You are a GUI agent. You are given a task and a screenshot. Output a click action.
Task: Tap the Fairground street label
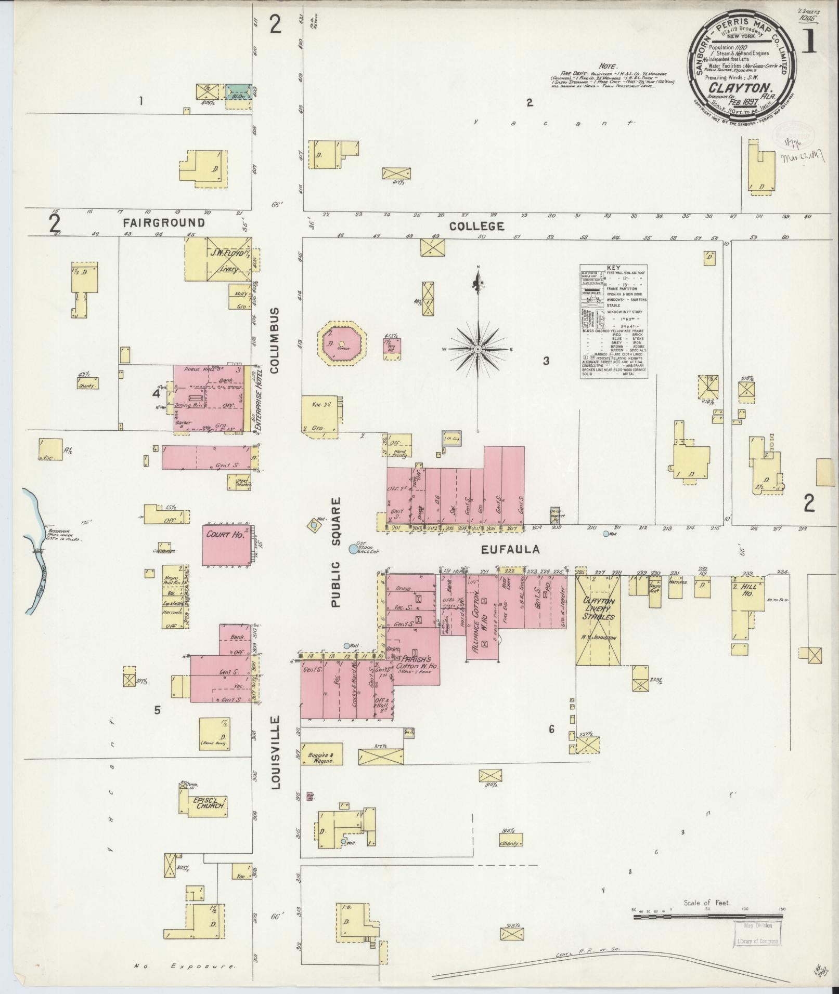tap(164, 223)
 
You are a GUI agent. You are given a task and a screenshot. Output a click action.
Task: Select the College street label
tap(477, 227)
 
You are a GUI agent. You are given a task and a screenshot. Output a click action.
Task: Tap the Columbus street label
tap(275, 340)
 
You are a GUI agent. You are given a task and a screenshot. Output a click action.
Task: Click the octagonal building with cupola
tap(342, 343)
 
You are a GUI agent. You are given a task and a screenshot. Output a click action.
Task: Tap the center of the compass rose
tap(477, 349)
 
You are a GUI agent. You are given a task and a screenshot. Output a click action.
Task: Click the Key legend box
tap(614, 321)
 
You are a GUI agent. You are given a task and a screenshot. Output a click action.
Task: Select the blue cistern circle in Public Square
tap(353, 549)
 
